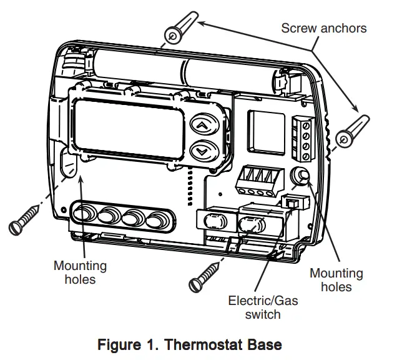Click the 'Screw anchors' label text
point(323,27)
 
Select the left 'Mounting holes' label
point(80,272)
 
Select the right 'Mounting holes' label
point(336,280)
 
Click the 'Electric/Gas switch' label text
point(263,307)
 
